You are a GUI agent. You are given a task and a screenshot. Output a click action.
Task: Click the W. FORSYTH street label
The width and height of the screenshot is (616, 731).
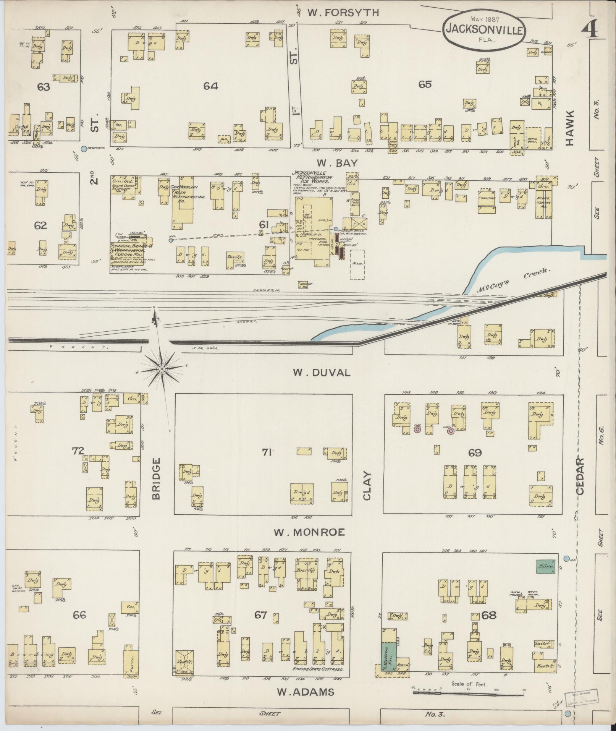[343, 13]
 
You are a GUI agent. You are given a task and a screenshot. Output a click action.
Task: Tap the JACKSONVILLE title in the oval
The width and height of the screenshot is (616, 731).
[484, 29]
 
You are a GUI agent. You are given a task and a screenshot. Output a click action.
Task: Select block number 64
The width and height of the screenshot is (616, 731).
[210, 86]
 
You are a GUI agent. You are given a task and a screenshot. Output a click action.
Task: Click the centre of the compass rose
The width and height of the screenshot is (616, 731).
[162, 369]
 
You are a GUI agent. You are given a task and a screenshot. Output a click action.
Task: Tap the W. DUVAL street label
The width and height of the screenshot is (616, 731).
[322, 373]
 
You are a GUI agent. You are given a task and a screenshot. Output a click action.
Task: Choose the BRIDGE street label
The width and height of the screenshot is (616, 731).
[156, 478]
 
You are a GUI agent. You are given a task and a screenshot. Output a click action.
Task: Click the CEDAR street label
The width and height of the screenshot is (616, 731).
[580, 477]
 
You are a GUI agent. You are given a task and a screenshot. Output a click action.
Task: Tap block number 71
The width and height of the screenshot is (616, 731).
[266, 452]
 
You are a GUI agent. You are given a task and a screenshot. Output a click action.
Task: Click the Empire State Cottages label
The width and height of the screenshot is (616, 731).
[317, 669]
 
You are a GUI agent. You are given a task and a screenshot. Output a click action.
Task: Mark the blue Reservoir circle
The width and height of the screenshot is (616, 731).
[84, 149]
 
